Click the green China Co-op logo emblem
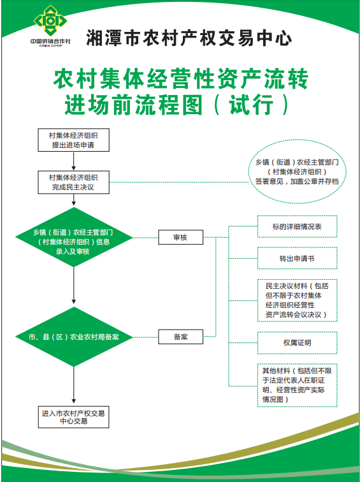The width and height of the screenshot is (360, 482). pyautogui.click(x=50, y=21)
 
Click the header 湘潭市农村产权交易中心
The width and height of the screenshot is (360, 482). pyautogui.click(x=189, y=38)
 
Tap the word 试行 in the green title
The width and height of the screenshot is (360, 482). pyautogui.click(x=251, y=105)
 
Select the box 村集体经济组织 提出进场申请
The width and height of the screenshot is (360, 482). pyautogui.click(x=73, y=140)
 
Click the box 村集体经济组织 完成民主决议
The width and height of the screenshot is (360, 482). pyautogui.click(x=73, y=182)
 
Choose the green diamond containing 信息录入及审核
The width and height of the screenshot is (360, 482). pyautogui.click(x=74, y=237)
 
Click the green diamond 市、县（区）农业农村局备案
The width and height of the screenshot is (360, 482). pyautogui.click(x=74, y=337)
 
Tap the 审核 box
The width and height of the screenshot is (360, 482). pyautogui.click(x=180, y=237)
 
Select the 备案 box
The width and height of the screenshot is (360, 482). pyautogui.click(x=180, y=337)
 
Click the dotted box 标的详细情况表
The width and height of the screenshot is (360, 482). pyautogui.click(x=298, y=226)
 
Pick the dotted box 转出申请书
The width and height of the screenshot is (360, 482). pyautogui.click(x=298, y=258)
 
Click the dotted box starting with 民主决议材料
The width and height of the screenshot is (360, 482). pyautogui.click(x=298, y=300)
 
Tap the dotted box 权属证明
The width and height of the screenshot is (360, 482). pyautogui.click(x=298, y=343)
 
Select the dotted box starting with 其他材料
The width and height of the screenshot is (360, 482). pyautogui.click(x=298, y=386)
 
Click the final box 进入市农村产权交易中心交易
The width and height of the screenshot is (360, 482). pyautogui.click(x=73, y=417)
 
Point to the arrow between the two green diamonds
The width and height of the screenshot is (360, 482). pyautogui.click(x=74, y=286)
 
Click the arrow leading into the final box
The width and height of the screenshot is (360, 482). pyautogui.click(x=74, y=385)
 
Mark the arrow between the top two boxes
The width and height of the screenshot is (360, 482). pyautogui.click(x=74, y=161)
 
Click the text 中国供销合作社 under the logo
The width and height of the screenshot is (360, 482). pyautogui.click(x=50, y=41)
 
